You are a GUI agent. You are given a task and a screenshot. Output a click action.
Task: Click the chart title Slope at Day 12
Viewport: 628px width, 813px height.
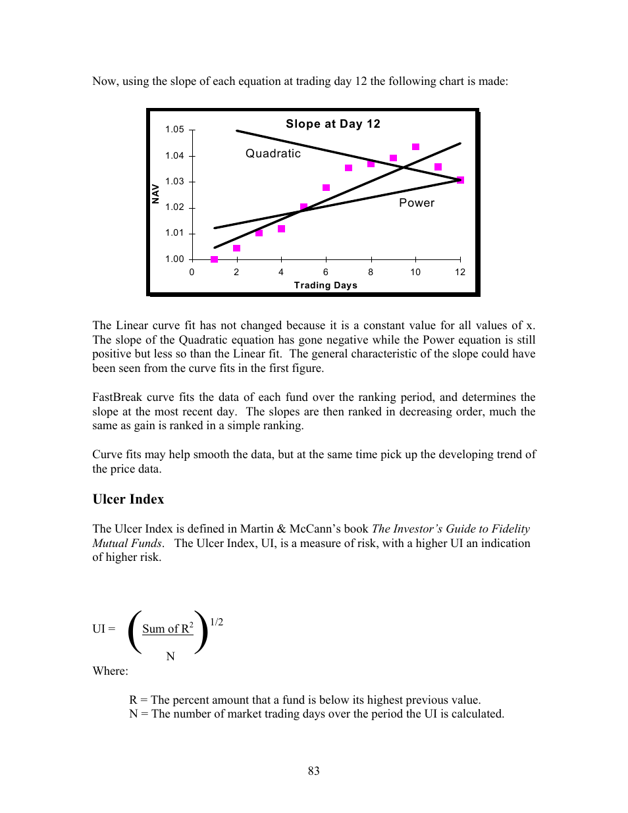coord(332,124)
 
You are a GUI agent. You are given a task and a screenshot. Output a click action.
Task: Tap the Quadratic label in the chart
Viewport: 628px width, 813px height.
coord(273,153)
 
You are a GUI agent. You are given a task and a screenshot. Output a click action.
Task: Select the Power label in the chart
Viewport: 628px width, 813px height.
coord(416,203)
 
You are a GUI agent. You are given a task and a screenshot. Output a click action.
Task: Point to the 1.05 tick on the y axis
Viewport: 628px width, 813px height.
coord(174,130)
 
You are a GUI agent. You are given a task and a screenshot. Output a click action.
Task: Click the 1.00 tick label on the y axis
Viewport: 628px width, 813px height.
coord(174,259)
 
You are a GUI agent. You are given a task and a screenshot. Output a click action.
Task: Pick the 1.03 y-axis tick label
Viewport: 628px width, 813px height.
coord(174,182)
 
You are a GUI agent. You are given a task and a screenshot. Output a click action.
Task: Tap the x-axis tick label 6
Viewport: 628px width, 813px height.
coord(326,273)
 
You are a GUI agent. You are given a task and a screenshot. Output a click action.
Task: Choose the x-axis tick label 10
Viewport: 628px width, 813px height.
coord(415,273)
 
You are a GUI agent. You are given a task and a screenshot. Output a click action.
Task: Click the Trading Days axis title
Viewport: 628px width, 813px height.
coord(325,285)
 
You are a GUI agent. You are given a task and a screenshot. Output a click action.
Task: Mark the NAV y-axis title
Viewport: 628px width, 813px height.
coord(156,194)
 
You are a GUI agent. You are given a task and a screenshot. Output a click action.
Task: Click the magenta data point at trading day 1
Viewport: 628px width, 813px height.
coord(214,259)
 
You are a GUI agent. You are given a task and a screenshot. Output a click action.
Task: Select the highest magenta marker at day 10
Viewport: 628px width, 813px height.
coord(415,147)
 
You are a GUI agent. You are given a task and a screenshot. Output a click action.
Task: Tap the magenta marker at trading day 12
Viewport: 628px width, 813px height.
coord(460,180)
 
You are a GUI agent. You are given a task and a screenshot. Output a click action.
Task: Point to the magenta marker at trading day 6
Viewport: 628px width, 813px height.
coord(326,188)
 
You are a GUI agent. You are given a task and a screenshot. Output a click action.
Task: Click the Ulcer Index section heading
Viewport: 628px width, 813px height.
coord(128,499)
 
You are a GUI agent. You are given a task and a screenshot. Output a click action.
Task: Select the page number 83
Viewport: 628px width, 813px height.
coord(313,771)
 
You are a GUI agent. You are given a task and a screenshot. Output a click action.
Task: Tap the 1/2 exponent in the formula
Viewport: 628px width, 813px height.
coord(216,622)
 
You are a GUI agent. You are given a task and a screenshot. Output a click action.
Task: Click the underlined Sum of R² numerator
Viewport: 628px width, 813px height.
coord(167,629)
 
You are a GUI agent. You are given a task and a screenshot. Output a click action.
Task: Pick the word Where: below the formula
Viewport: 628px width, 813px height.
coord(110,671)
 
